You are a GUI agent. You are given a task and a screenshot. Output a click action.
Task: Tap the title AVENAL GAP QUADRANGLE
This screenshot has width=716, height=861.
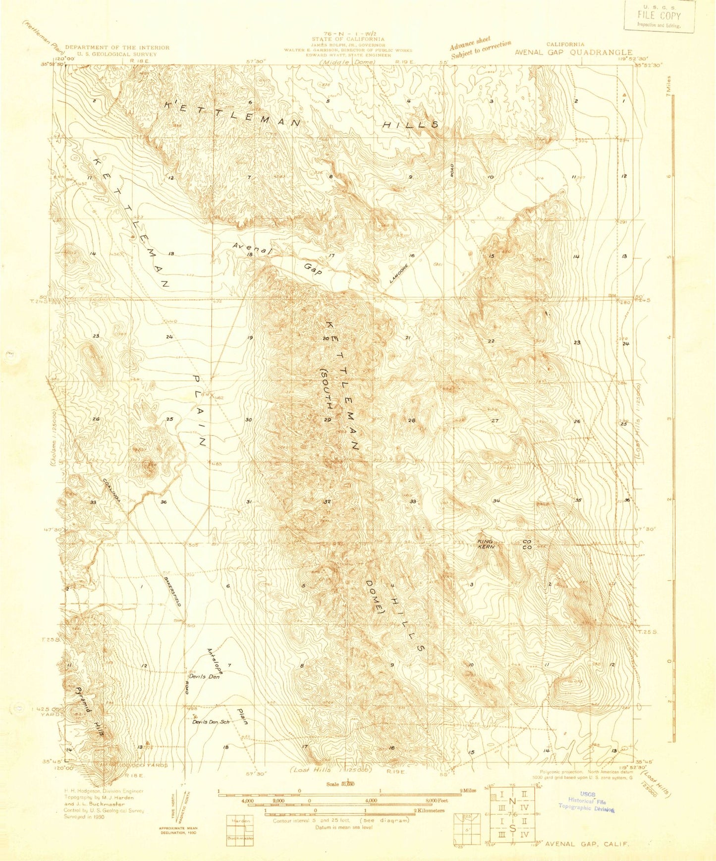tap(573, 52)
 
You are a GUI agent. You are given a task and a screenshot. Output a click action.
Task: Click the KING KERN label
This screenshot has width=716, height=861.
tap(486, 544)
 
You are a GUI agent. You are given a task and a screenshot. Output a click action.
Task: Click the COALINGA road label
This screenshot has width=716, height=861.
tap(112, 491)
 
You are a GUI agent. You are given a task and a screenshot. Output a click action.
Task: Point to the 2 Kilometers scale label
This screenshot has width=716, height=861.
tap(429, 811)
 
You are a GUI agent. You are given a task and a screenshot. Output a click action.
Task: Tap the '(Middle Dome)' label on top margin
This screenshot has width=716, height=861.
tap(347, 62)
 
